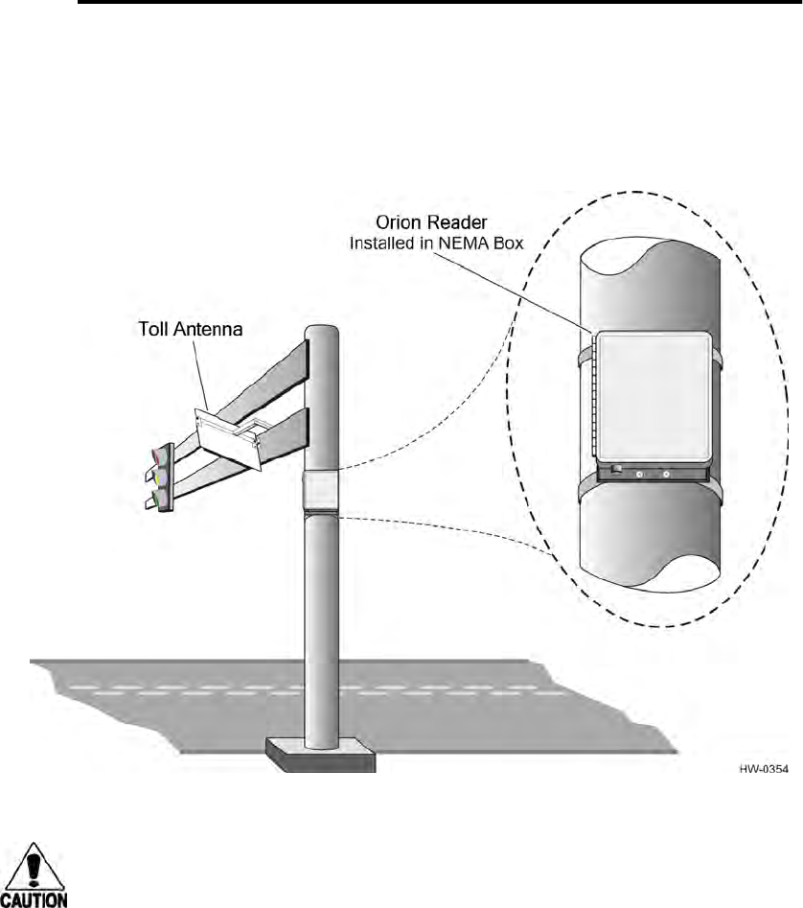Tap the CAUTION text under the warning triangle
[x=35, y=900]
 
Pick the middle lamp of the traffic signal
[x=160, y=477]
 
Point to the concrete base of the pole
[x=320, y=754]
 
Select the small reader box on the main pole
[x=319, y=491]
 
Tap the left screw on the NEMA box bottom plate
[x=640, y=473]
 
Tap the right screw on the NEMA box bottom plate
[x=666, y=473]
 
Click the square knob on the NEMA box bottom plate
[x=616, y=469]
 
